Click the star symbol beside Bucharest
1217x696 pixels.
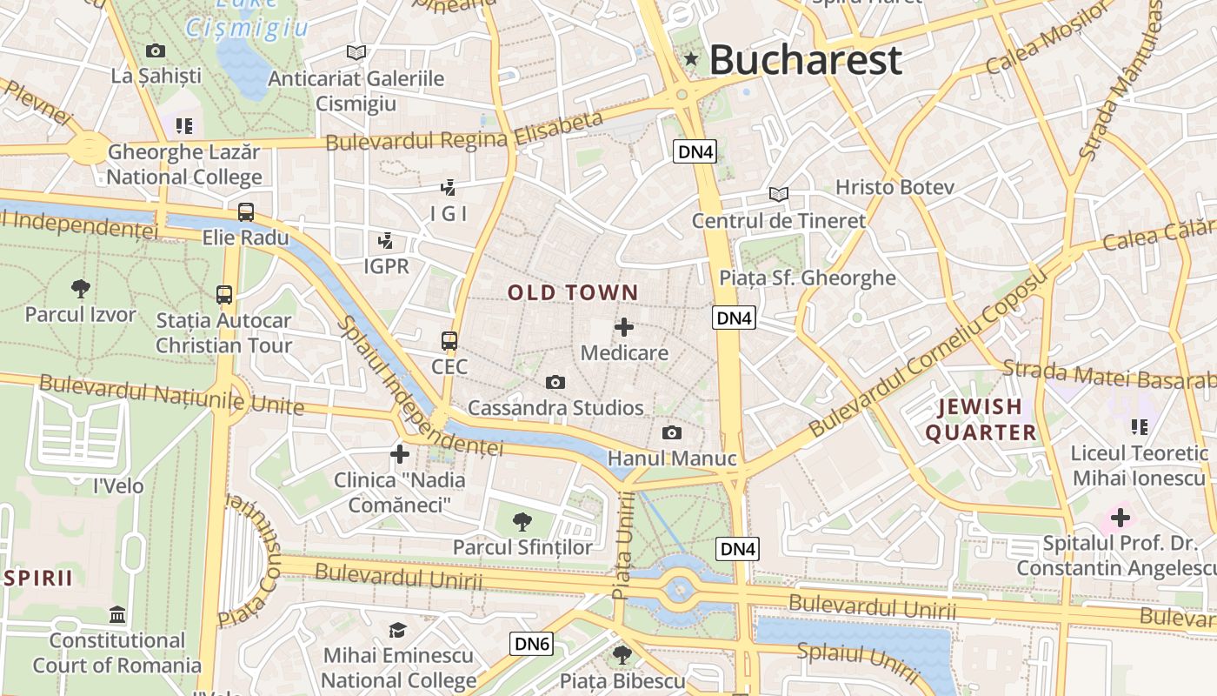pyautogui.click(x=691, y=59)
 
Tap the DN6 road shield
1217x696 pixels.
pyautogui.click(x=531, y=644)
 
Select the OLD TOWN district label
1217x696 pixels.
pyautogui.click(x=573, y=293)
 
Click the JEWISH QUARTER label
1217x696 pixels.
pyautogui.click(x=981, y=419)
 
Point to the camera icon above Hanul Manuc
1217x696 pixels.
pyautogui.click(x=671, y=432)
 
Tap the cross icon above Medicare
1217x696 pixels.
pyautogui.click(x=624, y=327)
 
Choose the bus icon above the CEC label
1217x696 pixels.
pyautogui.click(x=449, y=340)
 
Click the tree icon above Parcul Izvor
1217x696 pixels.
pyautogui.click(x=80, y=288)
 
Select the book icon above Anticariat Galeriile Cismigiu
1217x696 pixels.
pyautogui.click(x=356, y=52)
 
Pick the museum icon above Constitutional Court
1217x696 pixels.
pyautogui.click(x=117, y=615)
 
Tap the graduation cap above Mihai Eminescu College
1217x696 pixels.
pyautogui.click(x=397, y=629)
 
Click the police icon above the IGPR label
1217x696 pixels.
pyautogui.click(x=385, y=240)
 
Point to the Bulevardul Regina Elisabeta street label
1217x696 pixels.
pyautogui.click(x=464, y=131)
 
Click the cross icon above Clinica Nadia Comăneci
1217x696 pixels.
pyautogui.click(x=400, y=453)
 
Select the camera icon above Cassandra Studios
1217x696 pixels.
pyautogui.click(x=555, y=382)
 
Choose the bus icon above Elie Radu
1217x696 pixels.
pyautogui.click(x=246, y=211)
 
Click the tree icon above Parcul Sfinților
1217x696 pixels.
pyautogui.click(x=522, y=521)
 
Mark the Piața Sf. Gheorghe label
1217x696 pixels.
pyautogui.click(x=807, y=278)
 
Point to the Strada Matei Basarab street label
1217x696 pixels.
pyautogui.click(x=1108, y=374)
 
